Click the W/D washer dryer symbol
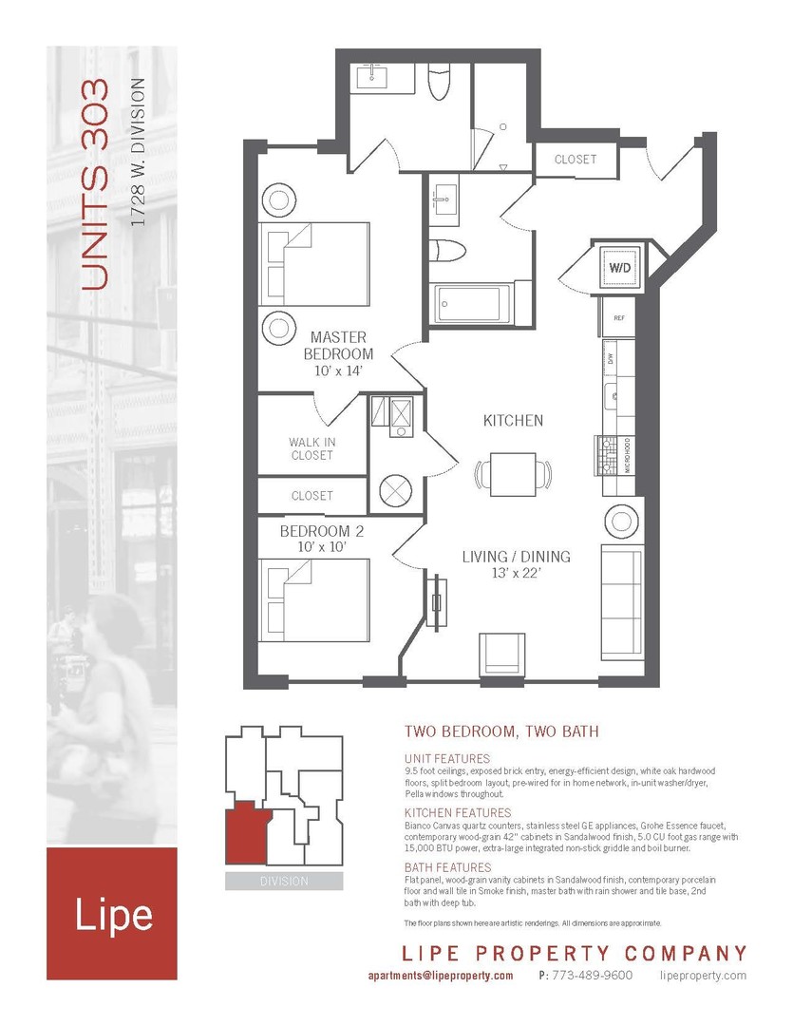(619, 268)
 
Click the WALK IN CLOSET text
(312, 448)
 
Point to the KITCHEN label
(513, 420)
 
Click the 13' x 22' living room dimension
(516, 573)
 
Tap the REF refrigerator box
(618, 318)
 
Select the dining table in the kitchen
(514, 474)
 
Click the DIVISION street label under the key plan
(284, 881)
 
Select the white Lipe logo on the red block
(113, 915)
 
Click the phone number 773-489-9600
(593, 976)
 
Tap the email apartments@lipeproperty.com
(440, 976)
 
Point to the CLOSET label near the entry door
(575, 160)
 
